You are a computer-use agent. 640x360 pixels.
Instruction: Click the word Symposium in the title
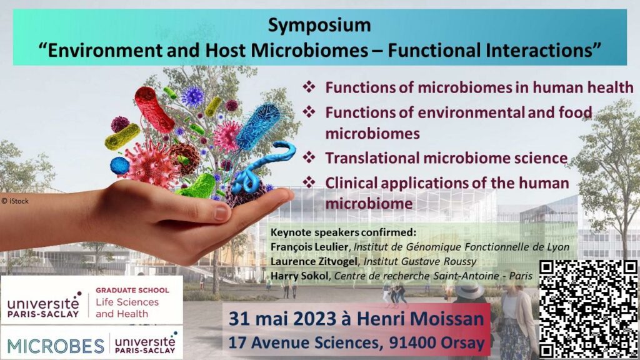[319, 25]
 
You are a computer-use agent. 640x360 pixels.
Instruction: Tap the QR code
[588, 309]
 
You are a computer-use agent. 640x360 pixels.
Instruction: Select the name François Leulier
[309, 247]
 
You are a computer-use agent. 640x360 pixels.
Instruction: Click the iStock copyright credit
[15, 201]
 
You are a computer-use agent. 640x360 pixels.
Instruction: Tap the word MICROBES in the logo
[56, 346]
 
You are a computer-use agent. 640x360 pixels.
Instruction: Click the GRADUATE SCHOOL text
[132, 290]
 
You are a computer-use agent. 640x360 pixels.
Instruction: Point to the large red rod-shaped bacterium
[154, 109]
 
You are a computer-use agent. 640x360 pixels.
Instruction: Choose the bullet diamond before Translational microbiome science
[309, 157]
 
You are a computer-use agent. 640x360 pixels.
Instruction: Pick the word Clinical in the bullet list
[351, 183]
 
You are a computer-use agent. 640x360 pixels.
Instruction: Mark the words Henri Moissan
[421, 319]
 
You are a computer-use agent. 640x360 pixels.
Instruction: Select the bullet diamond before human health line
[309, 87]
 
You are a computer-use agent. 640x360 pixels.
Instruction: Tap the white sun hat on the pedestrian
[469, 289]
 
